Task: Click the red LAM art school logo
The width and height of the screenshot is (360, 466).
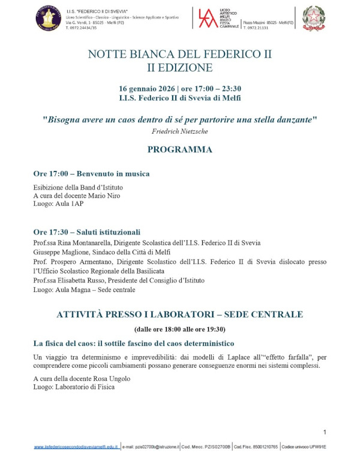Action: coord(206,19)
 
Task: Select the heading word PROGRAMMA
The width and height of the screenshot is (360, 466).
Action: coord(179,149)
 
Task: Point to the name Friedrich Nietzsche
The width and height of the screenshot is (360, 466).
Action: coord(179,130)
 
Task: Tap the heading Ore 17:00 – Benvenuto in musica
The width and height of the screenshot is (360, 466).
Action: coord(91,174)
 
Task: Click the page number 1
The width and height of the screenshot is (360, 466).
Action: coord(324,432)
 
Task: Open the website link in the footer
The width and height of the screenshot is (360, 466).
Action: coord(76,447)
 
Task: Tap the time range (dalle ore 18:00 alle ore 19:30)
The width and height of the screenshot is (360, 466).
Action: coord(179,329)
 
